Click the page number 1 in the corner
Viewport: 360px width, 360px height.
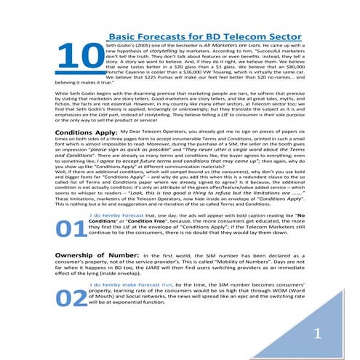pos(317,333)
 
